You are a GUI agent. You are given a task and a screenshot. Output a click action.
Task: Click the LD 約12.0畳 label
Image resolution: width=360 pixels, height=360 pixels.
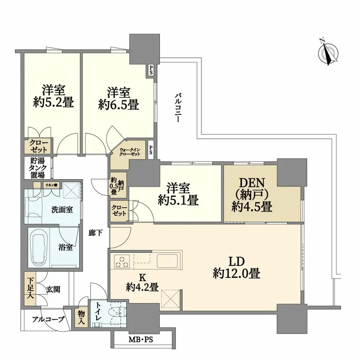[x=236, y=268]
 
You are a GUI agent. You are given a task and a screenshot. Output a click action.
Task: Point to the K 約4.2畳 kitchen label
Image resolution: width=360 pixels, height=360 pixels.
[x=142, y=283]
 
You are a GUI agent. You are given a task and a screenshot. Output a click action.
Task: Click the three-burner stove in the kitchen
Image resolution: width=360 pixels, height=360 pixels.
[x=121, y=261]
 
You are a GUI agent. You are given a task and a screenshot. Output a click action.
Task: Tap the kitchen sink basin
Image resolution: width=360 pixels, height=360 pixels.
[x=167, y=261]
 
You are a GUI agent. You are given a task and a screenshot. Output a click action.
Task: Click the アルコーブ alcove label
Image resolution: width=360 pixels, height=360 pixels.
[x=48, y=319]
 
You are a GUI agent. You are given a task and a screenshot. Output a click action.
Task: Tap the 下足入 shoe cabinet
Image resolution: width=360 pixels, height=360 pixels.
[x=31, y=289]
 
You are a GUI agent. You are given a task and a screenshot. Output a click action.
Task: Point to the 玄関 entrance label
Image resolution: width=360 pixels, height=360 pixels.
[x=53, y=289]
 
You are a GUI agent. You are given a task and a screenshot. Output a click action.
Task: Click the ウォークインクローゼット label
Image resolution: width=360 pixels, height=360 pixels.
[x=130, y=152]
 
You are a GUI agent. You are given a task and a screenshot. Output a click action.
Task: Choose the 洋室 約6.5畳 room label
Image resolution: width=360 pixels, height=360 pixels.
[x=118, y=99]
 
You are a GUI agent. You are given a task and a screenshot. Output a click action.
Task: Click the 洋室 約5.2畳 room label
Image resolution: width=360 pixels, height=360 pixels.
[x=54, y=96]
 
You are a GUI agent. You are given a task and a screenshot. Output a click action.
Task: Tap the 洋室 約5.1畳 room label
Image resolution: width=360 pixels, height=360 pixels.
[x=178, y=194]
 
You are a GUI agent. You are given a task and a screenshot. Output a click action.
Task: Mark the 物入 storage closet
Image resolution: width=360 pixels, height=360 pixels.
[x=81, y=318]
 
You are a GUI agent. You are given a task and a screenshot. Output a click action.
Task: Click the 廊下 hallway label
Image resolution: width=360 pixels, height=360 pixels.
[x=95, y=233]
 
